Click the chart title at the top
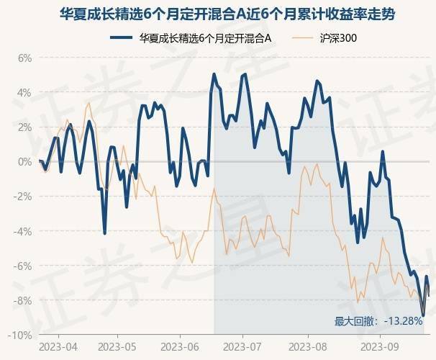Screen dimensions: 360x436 click(x=218, y=14)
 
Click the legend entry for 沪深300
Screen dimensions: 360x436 click(x=337, y=37)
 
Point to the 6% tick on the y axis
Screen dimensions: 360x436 click(x=25, y=58)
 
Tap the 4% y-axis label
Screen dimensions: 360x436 click(x=25, y=92)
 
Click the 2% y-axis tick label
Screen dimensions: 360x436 click(x=25, y=127)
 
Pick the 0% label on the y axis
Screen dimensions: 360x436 click(x=25, y=161)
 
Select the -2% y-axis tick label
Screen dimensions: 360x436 click(x=24, y=196)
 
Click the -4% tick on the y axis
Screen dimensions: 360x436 click(x=24, y=231)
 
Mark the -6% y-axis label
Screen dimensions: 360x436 click(x=24, y=266)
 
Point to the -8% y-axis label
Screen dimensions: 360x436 click(x=24, y=300)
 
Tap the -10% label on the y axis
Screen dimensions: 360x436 click(x=22, y=335)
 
